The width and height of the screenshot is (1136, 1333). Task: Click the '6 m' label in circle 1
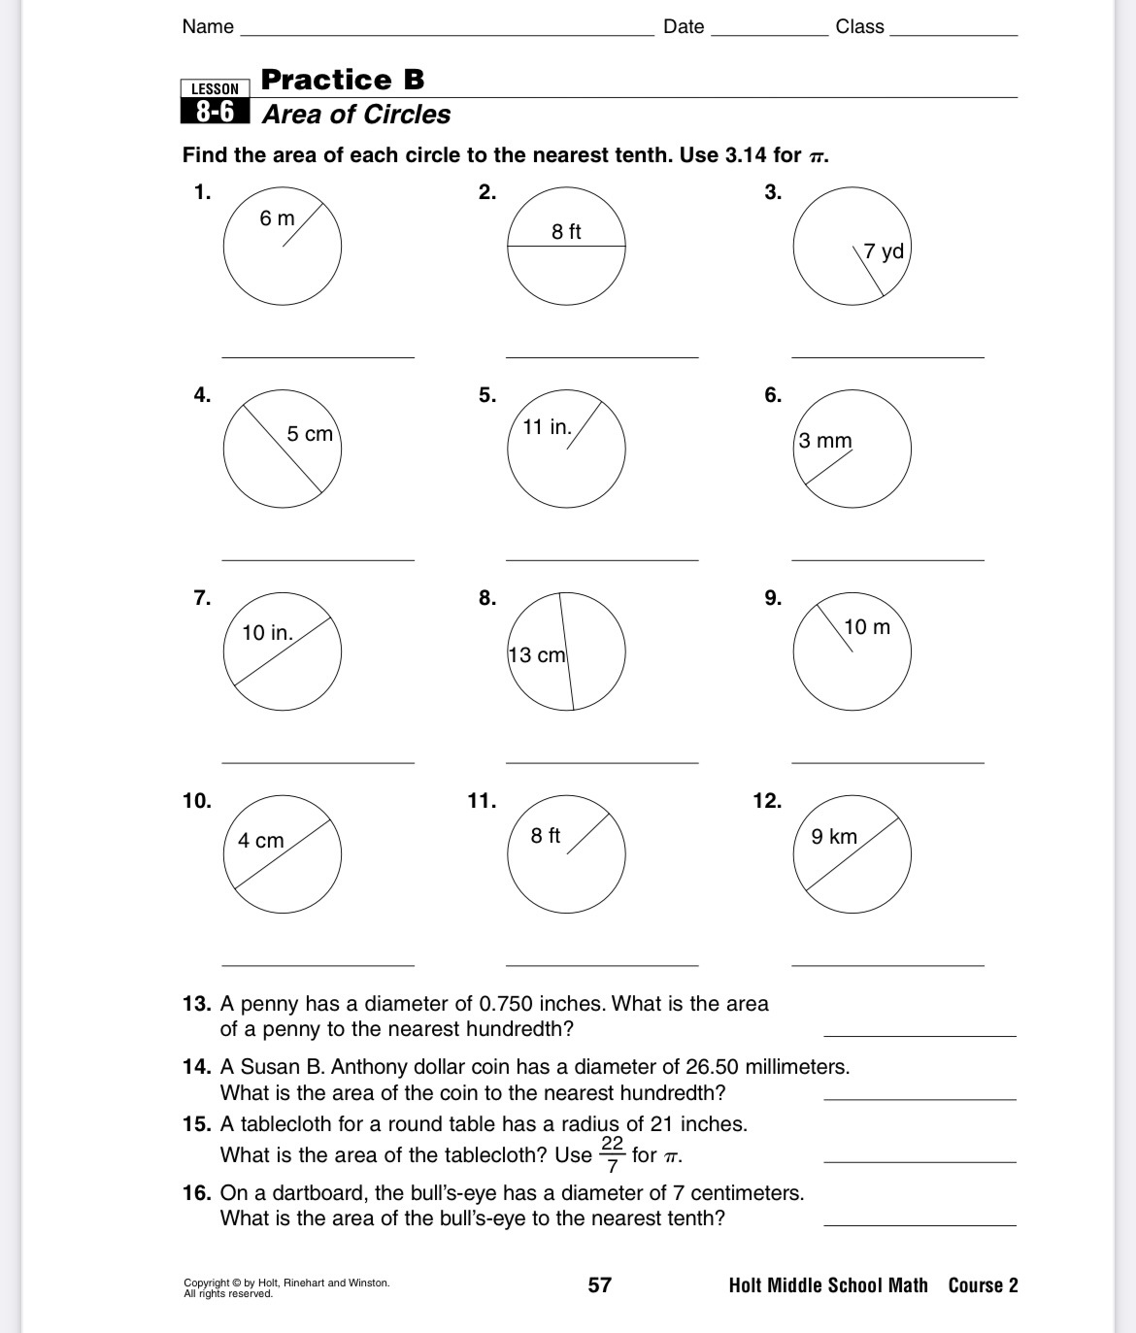pos(277,218)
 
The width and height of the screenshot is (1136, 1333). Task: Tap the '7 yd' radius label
pos(884,251)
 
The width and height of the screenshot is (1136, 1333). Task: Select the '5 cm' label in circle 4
pos(310,434)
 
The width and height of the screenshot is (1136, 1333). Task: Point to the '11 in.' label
pos(547,427)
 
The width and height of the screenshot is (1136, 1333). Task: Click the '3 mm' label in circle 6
pos(825,441)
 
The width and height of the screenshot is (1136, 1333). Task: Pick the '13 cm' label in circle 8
pos(537,655)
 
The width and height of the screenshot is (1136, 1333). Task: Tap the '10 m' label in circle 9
pos(867,627)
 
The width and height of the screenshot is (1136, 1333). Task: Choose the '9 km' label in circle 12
pos(834,837)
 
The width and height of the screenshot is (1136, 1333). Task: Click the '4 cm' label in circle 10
pos(261,841)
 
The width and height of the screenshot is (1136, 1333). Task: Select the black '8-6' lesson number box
pos(216,113)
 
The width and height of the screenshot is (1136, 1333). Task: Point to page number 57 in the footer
pos(600,1285)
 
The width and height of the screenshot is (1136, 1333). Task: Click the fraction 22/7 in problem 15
pos(612,1154)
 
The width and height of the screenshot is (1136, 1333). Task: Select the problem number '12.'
pos(767,801)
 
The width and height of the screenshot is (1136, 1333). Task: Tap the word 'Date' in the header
pos(684,27)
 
